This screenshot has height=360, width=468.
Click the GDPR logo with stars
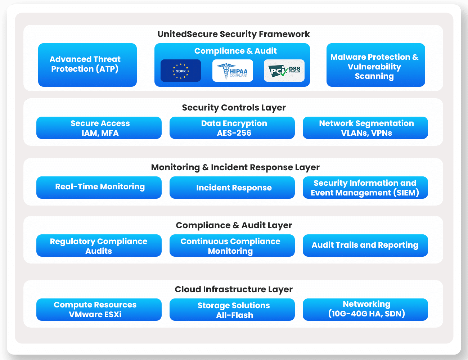click(x=180, y=71)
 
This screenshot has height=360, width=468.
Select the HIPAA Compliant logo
click(x=233, y=71)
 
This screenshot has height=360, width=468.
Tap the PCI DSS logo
click(x=284, y=71)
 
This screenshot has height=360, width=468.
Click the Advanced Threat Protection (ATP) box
click(x=87, y=65)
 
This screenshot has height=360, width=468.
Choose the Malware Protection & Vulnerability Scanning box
click(x=375, y=65)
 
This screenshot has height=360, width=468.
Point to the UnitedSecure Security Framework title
click(x=234, y=34)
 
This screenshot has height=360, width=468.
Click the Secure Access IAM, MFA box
click(x=99, y=128)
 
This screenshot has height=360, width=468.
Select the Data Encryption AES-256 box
click(x=232, y=128)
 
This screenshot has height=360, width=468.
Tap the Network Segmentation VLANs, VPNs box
click(x=365, y=128)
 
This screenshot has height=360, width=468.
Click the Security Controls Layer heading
click(x=234, y=108)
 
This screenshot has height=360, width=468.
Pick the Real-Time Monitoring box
click(x=99, y=187)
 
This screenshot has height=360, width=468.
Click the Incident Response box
click(x=232, y=187)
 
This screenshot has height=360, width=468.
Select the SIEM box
click(x=365, y=187)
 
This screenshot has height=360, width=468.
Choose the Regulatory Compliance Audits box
click(x=99, y=246)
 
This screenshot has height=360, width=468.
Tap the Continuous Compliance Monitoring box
click(x=232, y=246)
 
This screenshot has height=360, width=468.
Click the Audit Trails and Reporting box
click(x=365, y=246)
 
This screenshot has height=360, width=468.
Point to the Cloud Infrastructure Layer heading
click(x=234, y=289)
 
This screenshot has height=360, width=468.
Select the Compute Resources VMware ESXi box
click(x=99, y=310)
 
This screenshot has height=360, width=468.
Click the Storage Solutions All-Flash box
click(x=232, y=310)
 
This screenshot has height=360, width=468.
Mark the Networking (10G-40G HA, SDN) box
click(x=365, y=310)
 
